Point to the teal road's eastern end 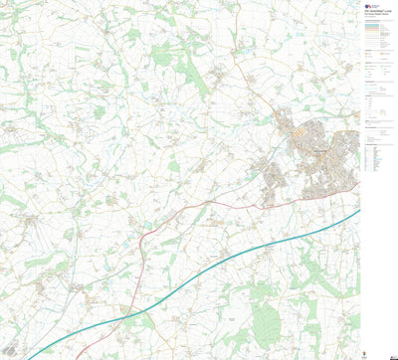(x=357, y=211)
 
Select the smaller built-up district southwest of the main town (x=271, y=179)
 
